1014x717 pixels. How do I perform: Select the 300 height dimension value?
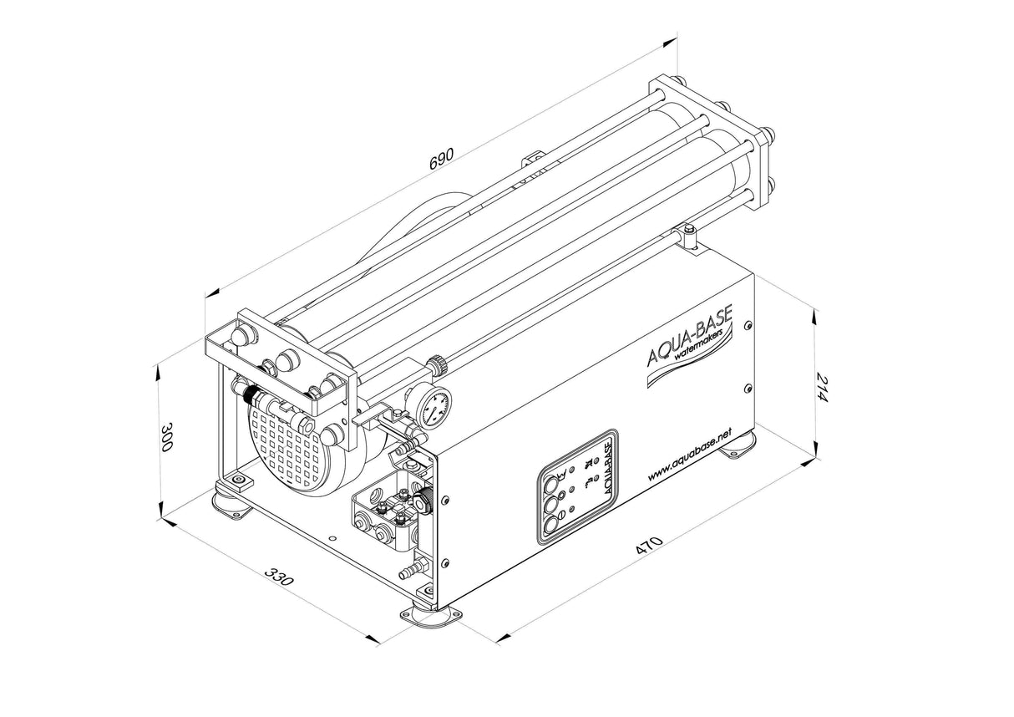coord(166,436)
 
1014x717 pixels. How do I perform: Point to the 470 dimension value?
coord(649,547)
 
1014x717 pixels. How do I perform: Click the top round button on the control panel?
coord(554,482)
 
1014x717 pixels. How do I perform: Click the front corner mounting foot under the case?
coord(433,618)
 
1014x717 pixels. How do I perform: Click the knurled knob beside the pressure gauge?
coord(435,364)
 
